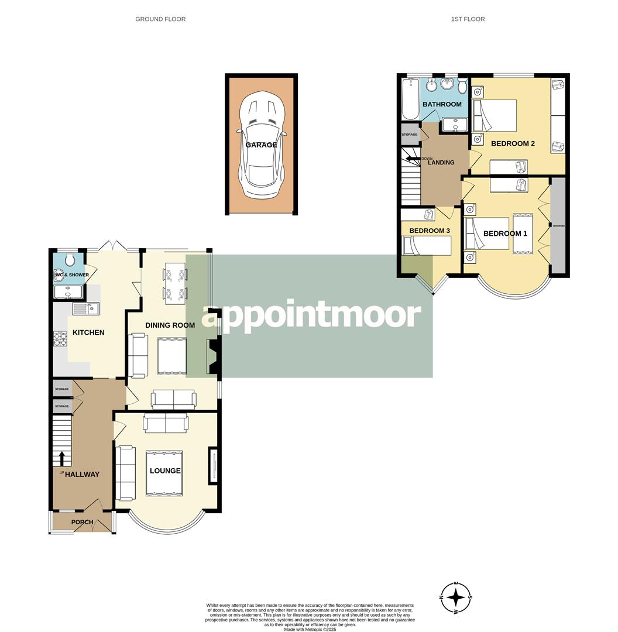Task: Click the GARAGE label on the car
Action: tap(261, 145)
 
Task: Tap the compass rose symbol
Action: tap(456, 598)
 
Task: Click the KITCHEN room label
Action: tap(88, 332)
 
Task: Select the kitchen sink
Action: tap(85, 308)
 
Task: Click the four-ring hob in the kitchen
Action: tap(61, 339)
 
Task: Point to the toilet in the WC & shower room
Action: tap(70, 259)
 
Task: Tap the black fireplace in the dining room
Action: tap(211, 356)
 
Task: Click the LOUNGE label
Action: tap(165, 470)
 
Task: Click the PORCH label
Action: tap(82, 522)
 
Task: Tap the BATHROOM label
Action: tap(442, 104)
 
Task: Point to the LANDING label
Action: tap(441, 162)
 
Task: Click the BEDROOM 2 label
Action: tap(513, 143)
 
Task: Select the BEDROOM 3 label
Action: tap(429, 231)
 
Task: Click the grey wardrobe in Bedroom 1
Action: tap(559, 226)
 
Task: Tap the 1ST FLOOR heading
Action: tap(468, 19)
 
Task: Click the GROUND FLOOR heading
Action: tap(160, 19)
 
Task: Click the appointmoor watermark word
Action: tap(311, 315)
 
